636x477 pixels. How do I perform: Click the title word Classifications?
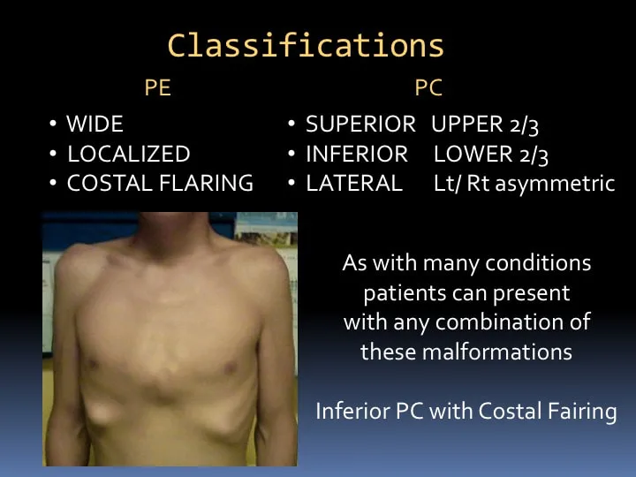click(x=306, y=45)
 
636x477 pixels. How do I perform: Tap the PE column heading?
click(x=158, y=87)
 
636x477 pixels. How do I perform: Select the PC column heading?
click(x=428, y=87)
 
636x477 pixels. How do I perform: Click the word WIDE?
click(x=95, y=124)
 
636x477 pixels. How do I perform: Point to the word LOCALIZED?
click(x=129, y=154)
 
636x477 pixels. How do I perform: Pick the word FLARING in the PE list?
click(x=207, y=183)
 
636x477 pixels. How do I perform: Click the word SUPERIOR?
click(x=360, y=124)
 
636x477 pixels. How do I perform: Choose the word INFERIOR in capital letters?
click(x=357, y=154)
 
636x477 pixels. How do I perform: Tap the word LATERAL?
click(x=354, y=183)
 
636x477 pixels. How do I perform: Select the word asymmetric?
click(x=555, y=184)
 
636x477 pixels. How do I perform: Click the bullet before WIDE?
click(x=53, y=123)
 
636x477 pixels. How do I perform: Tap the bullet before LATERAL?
click(x=291, y=183)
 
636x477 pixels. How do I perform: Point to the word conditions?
click(x=538, y=263)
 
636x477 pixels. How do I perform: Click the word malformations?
click(x=496, y=352)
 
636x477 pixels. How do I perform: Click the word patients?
click(x=405, y=293)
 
